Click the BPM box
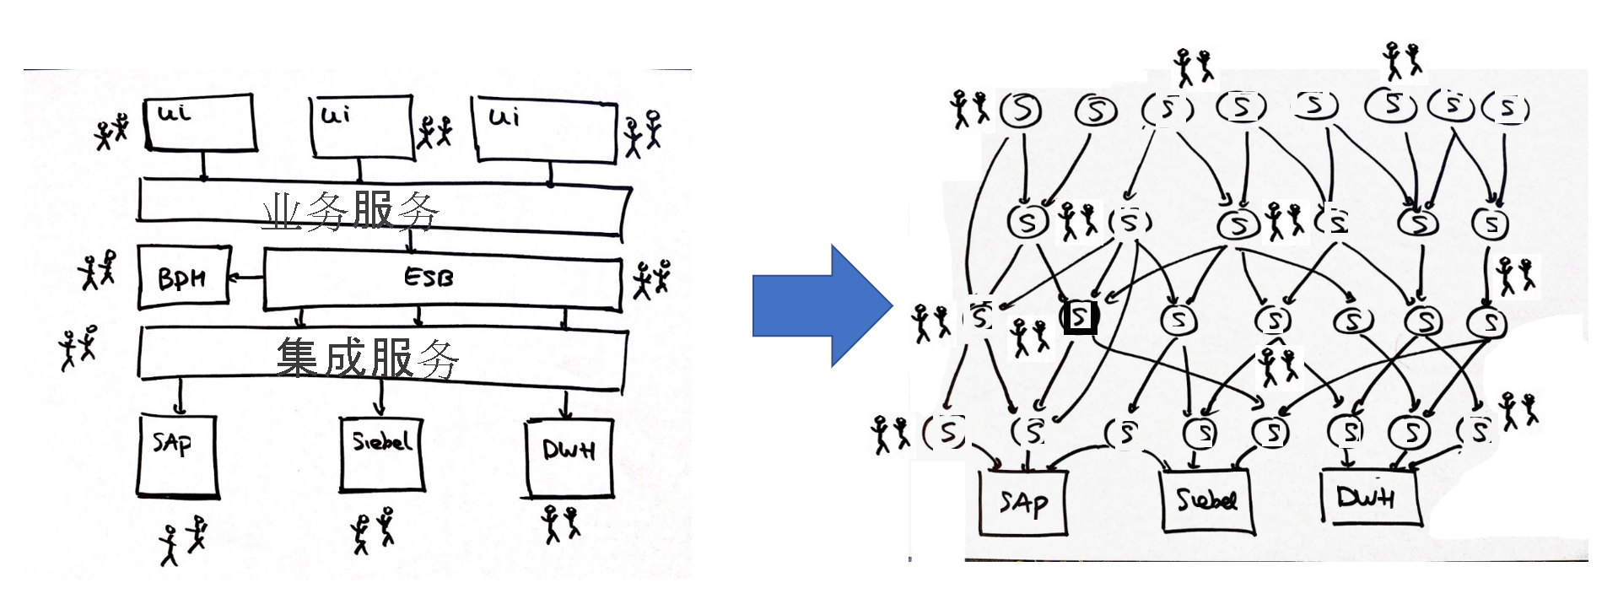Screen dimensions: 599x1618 (183, 277)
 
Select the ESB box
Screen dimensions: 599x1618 (442, 279)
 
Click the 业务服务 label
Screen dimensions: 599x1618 (350, 210)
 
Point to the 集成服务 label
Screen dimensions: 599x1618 (367, 358)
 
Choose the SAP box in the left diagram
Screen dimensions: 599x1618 (177, 456)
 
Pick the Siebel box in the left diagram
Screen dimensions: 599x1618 (381, 453)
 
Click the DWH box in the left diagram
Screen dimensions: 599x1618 (569, 458)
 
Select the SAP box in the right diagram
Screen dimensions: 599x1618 (1023, 502)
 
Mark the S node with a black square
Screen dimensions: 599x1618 (1080, 317)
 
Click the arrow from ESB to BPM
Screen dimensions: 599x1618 (245, 277)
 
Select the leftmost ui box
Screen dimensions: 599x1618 (200, 123)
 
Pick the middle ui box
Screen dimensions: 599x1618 (362, 127)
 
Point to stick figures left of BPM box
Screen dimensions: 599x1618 (98, 270)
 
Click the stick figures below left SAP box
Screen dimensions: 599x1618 (183, 542)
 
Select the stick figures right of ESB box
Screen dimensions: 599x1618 (652, 279)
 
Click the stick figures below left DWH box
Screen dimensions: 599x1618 (560, 523)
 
